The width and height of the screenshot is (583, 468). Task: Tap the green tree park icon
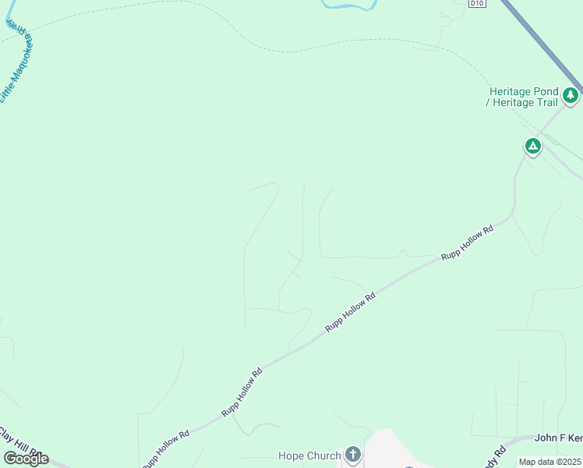coord(571,95)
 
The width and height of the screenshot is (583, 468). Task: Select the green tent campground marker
coord(532,145)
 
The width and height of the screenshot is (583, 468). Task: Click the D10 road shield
coord(477,3)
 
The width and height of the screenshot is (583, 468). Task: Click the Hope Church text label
coord(309,456)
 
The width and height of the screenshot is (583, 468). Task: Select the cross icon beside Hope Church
coord(352,455)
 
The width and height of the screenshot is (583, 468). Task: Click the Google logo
coord(25,459)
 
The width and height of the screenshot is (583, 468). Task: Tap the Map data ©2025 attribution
coord(549,462)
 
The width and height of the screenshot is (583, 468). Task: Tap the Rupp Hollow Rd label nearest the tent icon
coord(468,243)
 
